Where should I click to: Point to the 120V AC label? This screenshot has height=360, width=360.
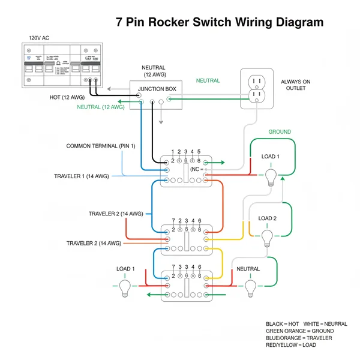(x=39, y=38)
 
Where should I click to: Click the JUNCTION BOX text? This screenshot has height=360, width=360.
(x=157, y=89)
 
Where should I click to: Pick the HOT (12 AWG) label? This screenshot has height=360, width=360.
(x=67, y=97)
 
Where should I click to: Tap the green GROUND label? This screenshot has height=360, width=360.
(x=279, y=132)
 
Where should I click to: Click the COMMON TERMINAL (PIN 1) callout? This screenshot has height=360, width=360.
(x=101, y=146)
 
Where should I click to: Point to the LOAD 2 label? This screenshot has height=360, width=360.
(x=267, y=218)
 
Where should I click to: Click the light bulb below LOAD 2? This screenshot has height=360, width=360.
(x=267, y=239)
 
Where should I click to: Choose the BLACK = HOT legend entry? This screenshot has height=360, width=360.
(x=282, y=324)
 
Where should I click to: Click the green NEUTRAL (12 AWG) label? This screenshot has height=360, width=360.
(x=100, y=107)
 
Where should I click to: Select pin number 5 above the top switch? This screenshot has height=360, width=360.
(x=199, y=152)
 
